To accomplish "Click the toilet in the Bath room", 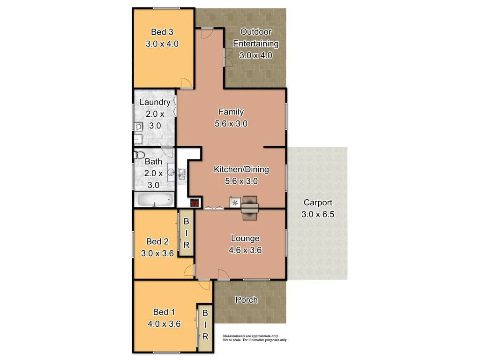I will [139, 155].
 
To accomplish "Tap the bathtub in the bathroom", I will [154, 201].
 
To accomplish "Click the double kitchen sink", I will [182, 174].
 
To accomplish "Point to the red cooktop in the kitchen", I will [195, 202].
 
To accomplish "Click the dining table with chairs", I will [250, 207].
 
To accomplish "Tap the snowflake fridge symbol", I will [234, 202].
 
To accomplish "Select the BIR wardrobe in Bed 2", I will [186, 233].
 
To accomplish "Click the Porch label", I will [246, 300].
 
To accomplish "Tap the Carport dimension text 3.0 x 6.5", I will [318, 214].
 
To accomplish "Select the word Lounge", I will [245, 239].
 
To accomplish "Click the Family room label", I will [231, 112].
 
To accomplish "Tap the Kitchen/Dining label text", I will [241, 169].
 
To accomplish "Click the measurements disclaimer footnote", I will [255, 338].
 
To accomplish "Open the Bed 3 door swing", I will [187, 84].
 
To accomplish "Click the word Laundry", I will [155, 102].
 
